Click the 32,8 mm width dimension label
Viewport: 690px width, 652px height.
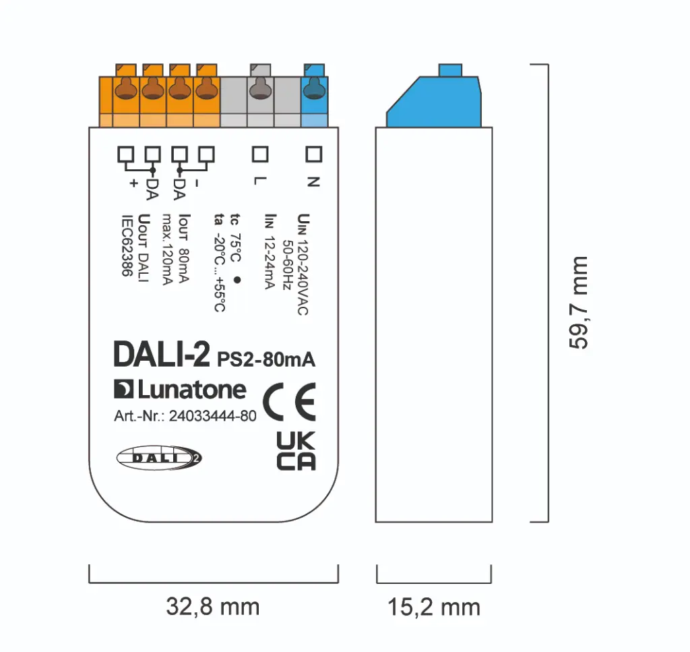[212, 607]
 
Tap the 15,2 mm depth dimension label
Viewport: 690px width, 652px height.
[433, 607]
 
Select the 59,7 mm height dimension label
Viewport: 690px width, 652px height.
[578, 302]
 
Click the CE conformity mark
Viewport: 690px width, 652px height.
[288, 403]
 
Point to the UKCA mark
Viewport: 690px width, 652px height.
[296, 451]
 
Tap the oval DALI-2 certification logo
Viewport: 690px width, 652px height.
[159, 458]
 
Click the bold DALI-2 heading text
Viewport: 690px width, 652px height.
[161, 355]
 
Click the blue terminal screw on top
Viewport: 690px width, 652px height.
[313, 89]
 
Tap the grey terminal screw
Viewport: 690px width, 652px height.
[259, 89]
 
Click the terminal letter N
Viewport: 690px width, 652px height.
[311, 182]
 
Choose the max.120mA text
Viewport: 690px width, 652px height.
[168, 249]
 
